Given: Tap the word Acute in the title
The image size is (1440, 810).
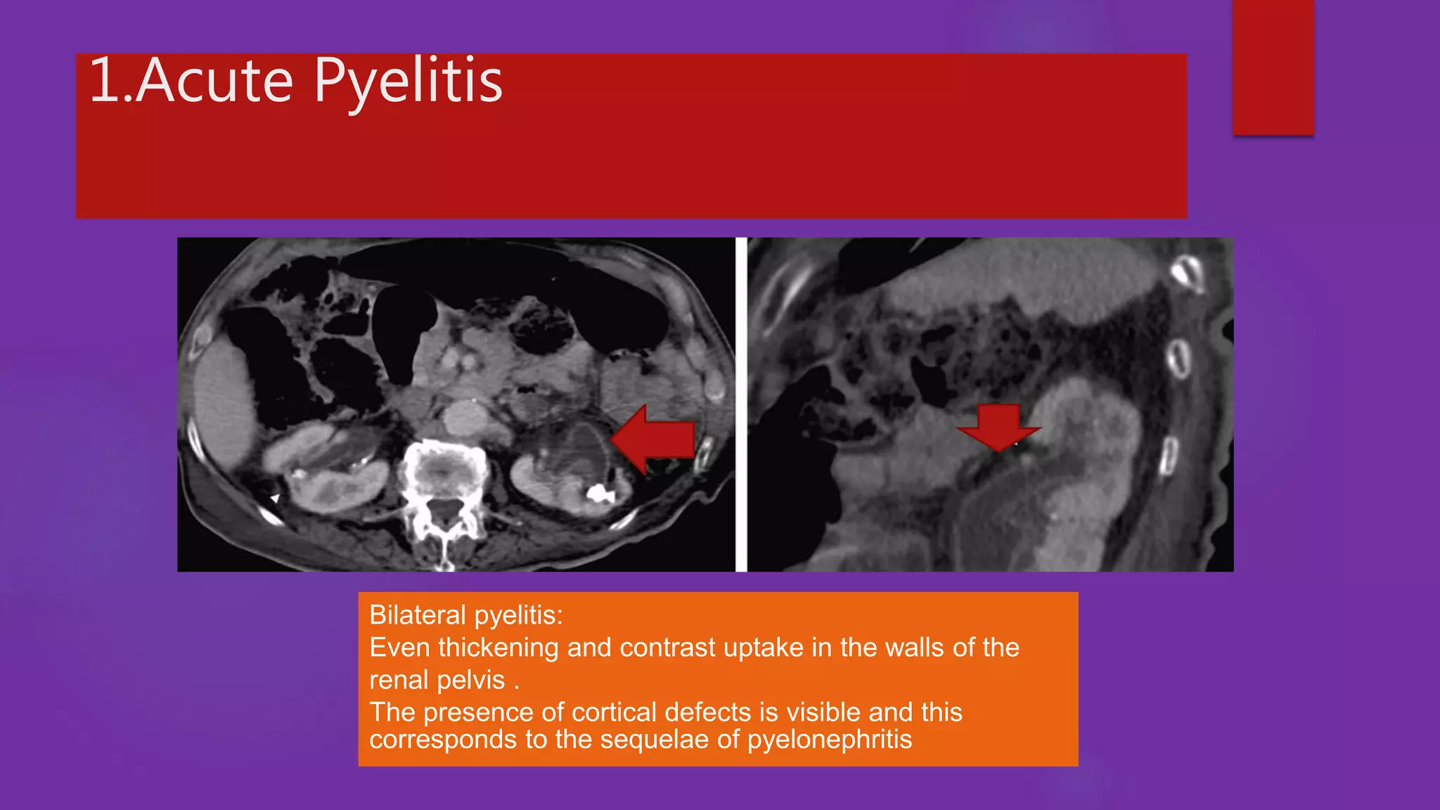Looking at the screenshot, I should pos(214,82).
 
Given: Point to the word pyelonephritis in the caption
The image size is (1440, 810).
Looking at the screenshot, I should pos(829,740).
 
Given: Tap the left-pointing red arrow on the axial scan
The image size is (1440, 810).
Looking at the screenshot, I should pos(653,439).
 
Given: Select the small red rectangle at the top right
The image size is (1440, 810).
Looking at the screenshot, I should pos(1273,67).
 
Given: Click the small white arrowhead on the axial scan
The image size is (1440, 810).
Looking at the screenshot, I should pos(275,499).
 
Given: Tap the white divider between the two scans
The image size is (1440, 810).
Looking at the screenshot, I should pos(741,404).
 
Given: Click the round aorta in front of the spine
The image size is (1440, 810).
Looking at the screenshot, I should pos(465,419).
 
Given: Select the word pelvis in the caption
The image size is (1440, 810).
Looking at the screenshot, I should pos(472,681).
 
